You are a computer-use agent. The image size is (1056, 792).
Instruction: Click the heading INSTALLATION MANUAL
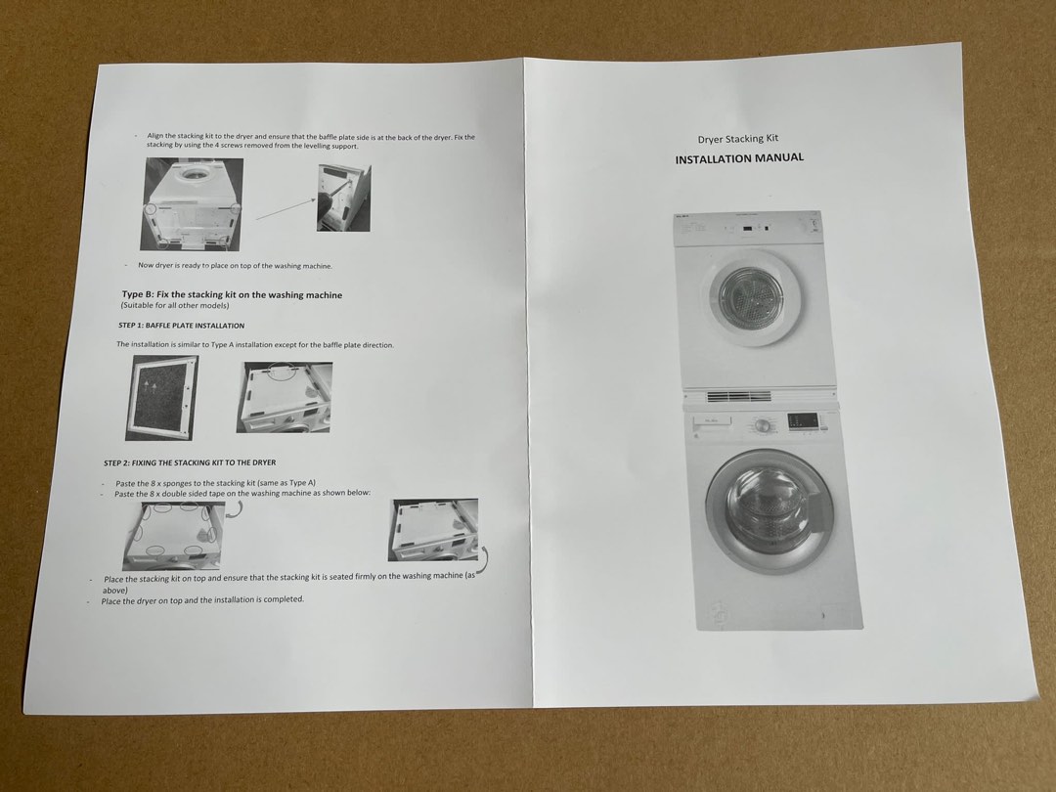click(x=739, y=158)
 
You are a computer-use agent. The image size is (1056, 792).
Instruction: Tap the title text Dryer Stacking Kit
click(x=737, y=140)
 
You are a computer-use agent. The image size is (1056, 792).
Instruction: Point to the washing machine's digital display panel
click(x=803, y=419)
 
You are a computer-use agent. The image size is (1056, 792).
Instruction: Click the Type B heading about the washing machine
click(x=232, y=294)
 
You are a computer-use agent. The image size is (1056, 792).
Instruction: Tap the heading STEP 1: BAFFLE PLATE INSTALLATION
click(x=181, y=326)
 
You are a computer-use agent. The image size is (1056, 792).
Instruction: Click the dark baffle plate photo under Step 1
click(x=161, y=397)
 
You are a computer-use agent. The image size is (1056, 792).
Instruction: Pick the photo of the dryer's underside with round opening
click(x=193, y=204)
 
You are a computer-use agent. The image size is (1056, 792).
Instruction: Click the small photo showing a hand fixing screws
click(x=343, y=198)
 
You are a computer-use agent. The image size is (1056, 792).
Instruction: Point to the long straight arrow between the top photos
click(x=286, y=206)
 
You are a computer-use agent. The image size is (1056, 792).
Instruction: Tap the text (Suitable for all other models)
click(x=175, y=306)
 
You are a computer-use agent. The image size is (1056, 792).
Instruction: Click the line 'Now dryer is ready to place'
click(x=235, y=266)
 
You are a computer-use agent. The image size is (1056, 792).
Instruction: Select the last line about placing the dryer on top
click(x=202, y=600)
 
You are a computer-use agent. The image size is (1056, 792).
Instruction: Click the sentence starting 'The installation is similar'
click(x=255, y=345)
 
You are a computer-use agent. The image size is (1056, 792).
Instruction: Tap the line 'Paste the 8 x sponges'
click(x=215, y=483)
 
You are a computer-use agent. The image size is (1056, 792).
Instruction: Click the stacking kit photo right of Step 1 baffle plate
click(x=284, y=397)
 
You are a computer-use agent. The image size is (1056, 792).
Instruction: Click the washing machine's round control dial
click(x=763, y=425)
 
